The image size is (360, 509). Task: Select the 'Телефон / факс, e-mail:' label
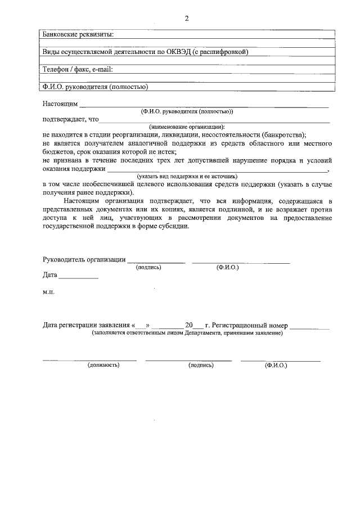pos(78,70)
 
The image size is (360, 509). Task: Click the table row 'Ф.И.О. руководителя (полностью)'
pos(95,87)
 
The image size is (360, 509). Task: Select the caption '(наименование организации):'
pos(187,127)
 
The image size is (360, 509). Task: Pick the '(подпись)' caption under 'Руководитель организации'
pos(148,268)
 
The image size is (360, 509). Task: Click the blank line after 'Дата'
pos(78,276)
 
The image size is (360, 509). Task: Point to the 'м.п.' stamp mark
pos(49,292)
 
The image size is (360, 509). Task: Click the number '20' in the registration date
pos(189,325)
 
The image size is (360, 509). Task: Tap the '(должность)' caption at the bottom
pos(103,365)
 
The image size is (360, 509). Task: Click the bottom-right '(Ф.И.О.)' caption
pos(276,365)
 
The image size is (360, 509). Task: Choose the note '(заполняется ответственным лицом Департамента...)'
pos(187,333)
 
